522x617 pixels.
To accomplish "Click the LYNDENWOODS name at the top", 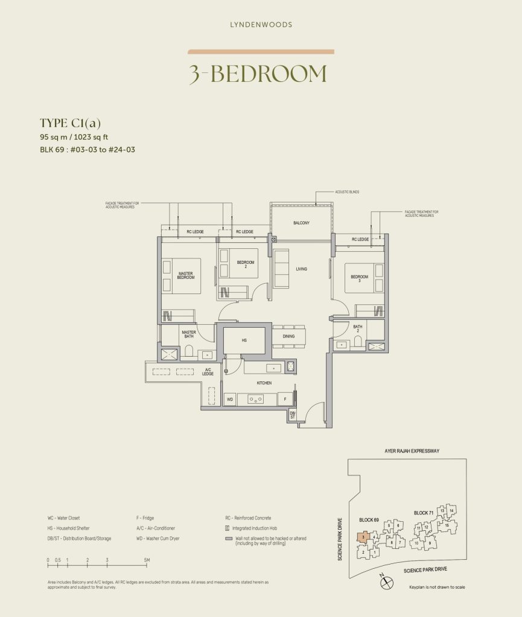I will [x=261, y=25].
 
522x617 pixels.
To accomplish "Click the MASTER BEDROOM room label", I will [x=186, y=275].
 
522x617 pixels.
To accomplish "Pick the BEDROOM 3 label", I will [x=360, y=279].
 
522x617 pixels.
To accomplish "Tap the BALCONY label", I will [x=301, y=223].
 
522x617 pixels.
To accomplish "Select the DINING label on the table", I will [x=288, y=336].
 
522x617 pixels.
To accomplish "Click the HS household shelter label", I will [x=244, y=340].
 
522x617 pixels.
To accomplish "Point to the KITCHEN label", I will [x=264, y=383].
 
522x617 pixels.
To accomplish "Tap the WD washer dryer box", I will [x=230, y=399].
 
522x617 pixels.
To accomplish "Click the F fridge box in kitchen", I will [x=285, y=399].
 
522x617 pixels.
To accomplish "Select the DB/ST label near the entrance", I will [x=292, y=414].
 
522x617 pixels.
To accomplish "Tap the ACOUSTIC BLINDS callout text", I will [x=347, y=192].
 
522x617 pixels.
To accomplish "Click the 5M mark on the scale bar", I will [x=145, y=560].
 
